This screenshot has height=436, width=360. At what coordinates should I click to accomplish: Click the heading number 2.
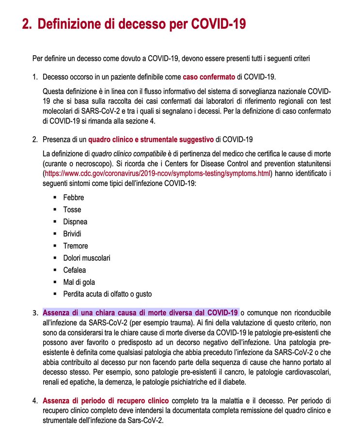point(26,24)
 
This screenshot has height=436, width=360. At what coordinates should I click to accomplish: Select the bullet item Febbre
point(74,198)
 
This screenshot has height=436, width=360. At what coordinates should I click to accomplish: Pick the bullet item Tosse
point(72,210)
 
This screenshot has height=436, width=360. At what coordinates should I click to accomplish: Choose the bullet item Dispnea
point(75,222)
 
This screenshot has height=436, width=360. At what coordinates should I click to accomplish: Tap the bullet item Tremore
point(76,246)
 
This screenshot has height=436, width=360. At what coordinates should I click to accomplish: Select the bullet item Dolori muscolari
point(87,258)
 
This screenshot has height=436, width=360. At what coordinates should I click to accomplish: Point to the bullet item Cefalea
point(75,270)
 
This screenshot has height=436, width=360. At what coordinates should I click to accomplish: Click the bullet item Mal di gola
point(79,282)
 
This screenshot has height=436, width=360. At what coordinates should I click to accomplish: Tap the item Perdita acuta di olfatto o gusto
point(107,294)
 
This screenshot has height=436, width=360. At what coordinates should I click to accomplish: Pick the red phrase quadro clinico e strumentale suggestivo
point(151,140)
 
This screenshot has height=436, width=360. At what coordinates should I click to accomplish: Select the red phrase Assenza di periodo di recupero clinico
point(106,401)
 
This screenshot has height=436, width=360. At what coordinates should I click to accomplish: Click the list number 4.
point(35,401)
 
